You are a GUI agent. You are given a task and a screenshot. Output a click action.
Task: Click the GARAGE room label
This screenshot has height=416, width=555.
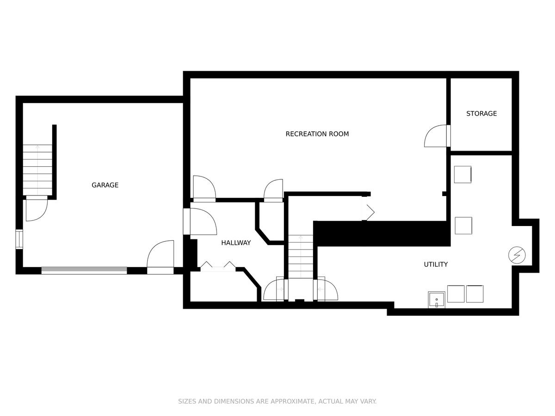click(105, 185)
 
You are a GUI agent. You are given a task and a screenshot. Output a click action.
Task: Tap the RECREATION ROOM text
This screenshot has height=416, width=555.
click(317, 134)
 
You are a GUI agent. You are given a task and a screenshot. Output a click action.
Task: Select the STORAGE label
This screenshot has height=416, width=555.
click(481, 114)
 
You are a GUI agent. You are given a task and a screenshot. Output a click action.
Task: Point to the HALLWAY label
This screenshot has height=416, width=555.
click(236, 243)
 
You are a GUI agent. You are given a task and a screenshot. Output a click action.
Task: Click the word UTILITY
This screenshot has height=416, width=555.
click(436, 264)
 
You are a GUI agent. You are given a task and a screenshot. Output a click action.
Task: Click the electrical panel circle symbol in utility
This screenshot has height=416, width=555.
click(517, 255)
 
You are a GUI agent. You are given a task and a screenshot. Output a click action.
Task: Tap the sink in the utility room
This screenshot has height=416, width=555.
click(437, 300)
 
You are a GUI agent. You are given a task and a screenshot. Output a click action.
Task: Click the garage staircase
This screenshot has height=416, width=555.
click(37, 170)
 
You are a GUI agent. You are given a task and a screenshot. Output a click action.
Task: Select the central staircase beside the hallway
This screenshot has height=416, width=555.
click(301, 257)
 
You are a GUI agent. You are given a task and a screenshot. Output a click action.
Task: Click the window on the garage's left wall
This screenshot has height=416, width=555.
click(19, 239)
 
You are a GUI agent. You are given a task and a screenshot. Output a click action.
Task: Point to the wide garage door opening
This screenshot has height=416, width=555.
click(84, 270)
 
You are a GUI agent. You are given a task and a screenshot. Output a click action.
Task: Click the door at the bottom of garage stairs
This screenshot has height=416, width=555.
click(37, 208)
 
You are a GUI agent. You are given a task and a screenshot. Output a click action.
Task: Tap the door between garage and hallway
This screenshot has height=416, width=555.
click(200, 221)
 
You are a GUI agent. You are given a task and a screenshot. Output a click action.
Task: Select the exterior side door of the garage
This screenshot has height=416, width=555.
click(160, 257)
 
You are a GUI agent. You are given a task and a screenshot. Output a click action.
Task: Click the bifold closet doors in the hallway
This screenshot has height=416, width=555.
click(218, 267)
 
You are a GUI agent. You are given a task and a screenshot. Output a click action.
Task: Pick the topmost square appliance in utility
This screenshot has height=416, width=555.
click(462, 175)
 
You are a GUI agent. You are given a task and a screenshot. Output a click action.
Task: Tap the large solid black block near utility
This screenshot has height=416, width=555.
click(382, 233)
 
